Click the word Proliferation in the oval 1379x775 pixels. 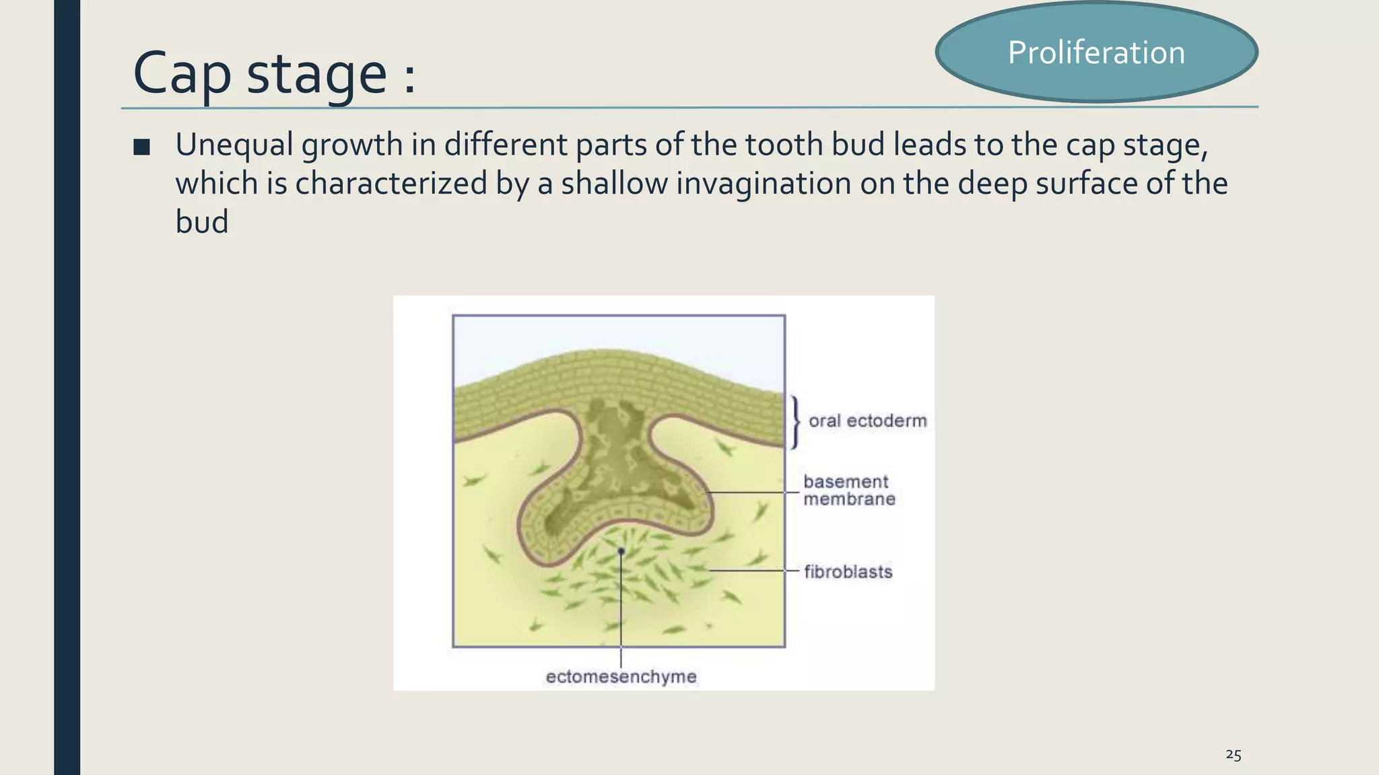coord(1096,52)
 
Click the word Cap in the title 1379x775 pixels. coord(182,73)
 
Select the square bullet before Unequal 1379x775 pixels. coord(141,147)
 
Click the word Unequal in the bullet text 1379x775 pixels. coord(234,145)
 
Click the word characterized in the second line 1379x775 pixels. coord(391,184)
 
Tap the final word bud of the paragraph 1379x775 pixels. coord(201,222)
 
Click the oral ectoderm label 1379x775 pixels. coord(867,421)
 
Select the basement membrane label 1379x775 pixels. coord(848,490)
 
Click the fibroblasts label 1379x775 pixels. coord(848,572)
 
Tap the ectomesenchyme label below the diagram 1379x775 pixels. coord(621,677)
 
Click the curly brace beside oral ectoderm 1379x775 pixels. coord(795,422)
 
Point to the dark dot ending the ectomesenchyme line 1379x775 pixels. coord(621,552)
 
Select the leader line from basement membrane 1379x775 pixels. coord(754,492)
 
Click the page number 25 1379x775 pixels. coord(1233,755)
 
